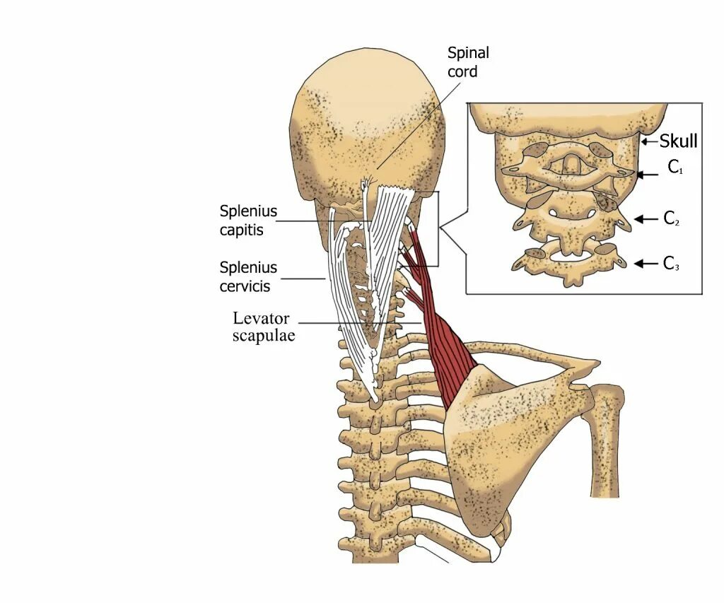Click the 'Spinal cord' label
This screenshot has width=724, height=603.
467,62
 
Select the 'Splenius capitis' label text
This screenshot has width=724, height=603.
248,219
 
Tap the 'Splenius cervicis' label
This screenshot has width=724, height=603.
248,276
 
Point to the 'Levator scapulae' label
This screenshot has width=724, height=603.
263,327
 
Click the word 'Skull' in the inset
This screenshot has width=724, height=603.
678,141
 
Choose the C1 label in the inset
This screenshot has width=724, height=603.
675,168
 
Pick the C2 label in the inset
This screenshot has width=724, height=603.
672,218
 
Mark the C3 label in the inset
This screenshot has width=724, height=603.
672,264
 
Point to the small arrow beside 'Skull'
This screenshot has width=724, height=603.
649,142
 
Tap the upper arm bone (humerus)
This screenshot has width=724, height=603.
606,438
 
